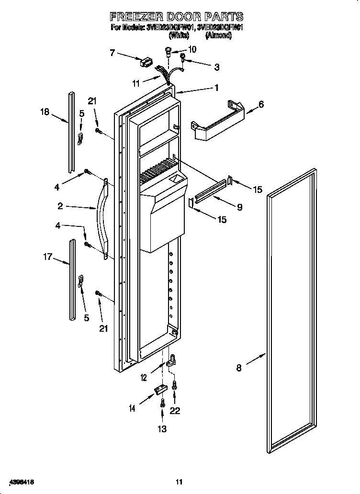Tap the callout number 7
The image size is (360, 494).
click(x=112, y=53)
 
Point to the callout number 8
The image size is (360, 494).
click(x=239, y=368)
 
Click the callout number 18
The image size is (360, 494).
click(x=45, y=112)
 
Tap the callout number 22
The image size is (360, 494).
click(x=175, y=410)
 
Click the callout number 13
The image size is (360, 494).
click(x=162, y=429)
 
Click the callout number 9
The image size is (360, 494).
click(x=239, y=207)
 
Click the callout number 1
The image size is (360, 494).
click(x=216, y=88)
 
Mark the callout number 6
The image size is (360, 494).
click(x=261, y=104)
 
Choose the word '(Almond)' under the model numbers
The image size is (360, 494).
click(x=218, y=35)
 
